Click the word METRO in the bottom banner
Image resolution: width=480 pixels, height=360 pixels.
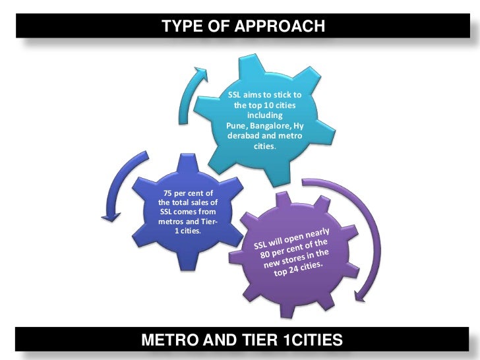click(170, 340)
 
